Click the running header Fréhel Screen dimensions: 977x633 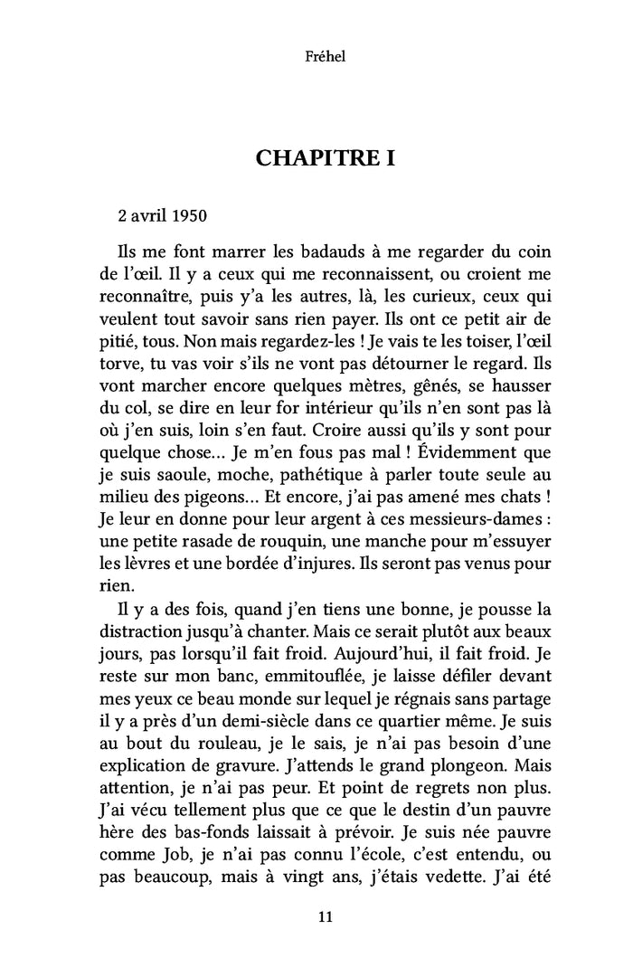pyautogui.click(x=316, y=57)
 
